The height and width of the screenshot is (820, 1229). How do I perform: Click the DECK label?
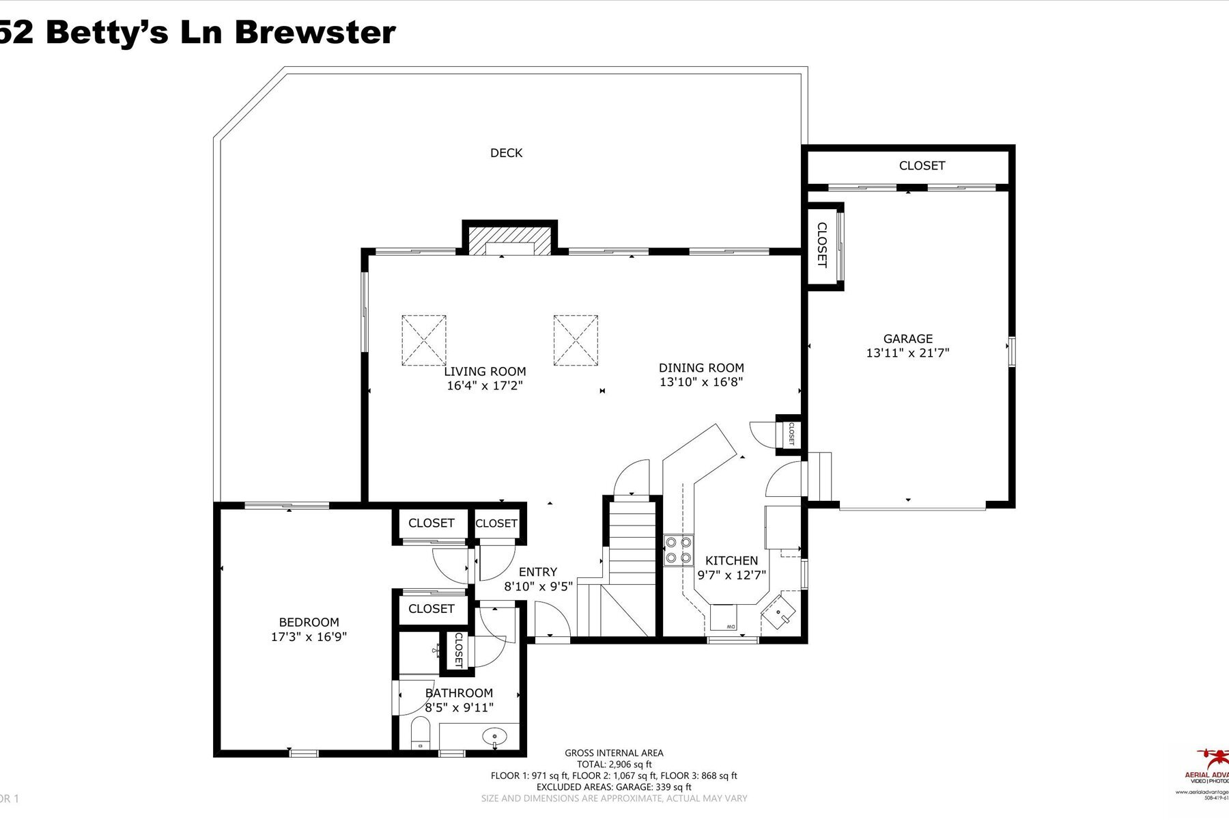(506, 153)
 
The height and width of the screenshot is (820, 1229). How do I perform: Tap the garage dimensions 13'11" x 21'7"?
(907, 353)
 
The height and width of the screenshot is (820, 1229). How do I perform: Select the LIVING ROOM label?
(485, 372)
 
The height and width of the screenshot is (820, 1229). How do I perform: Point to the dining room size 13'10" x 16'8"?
(701, 383)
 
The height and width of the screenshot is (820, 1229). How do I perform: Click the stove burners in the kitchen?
(679, 550)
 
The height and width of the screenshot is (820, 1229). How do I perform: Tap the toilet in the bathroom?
(419, 736)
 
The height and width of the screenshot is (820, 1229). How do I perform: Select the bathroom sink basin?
(494, 737)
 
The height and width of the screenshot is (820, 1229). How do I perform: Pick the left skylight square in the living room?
(424, 340)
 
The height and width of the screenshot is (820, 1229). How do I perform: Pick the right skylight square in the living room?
(576, 340)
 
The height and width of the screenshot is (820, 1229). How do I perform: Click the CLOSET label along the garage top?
(922, 165)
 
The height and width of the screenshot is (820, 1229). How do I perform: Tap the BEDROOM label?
(309, 623)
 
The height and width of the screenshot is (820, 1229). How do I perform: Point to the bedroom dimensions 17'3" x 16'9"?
(309, 637)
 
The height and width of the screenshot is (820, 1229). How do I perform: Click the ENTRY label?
(537, 572)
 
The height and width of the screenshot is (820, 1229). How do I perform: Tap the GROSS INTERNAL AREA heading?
(614, 753)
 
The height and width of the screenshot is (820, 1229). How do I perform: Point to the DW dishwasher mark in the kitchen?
(730, 627)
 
